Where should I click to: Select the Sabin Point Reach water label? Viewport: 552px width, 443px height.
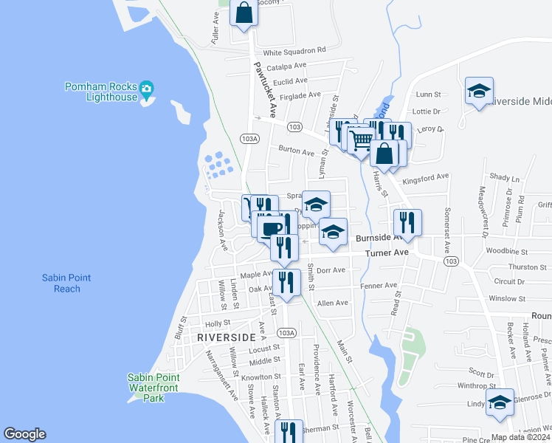[66, 283]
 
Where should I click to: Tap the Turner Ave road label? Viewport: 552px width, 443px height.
[391, 253]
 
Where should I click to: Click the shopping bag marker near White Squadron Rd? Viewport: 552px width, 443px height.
[244, 13]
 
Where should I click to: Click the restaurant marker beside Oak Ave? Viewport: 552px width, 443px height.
[286, 281]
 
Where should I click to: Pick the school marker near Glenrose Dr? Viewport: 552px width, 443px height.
[500, 402]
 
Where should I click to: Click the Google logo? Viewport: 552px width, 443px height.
[24, 434]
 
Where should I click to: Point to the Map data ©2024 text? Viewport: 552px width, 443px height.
[520, 437]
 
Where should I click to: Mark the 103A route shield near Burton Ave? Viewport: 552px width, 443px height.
[249, 138]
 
